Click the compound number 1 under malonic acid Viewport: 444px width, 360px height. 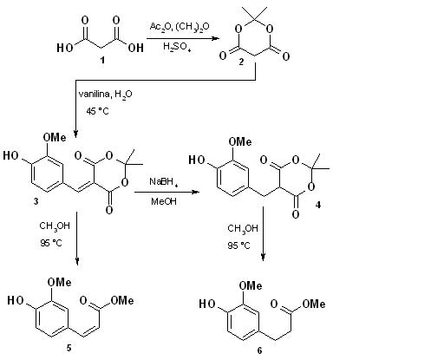(x=102, y=60)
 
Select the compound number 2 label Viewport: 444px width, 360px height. (x=241, y=62)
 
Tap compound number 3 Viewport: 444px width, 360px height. (x=36, y=201)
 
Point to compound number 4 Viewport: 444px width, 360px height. (x=318, y=205)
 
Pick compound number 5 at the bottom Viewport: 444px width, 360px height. (x=69, y=348)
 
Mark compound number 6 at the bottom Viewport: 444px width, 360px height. (x=259, y=350)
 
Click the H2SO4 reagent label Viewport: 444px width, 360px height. (x=177, y=47)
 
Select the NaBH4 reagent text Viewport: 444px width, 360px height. (x=163, y=182)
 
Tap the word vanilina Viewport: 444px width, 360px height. (x=95, y=94)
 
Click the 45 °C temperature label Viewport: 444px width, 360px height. (x=97, y=111)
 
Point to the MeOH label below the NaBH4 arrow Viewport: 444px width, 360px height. (x=164, y=201)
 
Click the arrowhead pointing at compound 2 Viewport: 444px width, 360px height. (x=215, y=38)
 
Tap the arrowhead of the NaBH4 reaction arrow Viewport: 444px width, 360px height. (x=196, y=192)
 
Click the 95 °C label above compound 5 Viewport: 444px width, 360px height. (x=51, y=243)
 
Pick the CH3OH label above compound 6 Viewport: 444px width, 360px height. (x=243, y=229)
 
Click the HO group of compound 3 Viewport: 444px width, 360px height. (x=10, y=155)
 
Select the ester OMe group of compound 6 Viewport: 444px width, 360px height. (x=314, y=304)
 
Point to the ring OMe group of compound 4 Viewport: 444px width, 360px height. (x=240, y=141)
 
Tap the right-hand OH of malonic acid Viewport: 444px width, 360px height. (x=135, y=48)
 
